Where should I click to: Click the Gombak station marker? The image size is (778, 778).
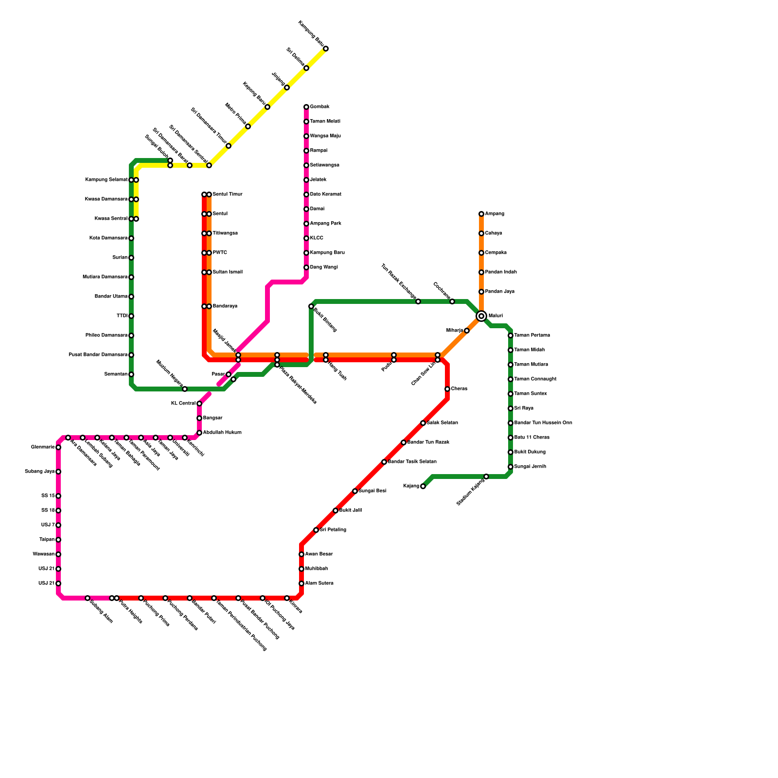tap(306, 107)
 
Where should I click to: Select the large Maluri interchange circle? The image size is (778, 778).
tap(481, 316)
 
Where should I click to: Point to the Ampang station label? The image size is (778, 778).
tap(495, 214)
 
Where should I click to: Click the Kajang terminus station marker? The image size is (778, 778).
tap(423, 486)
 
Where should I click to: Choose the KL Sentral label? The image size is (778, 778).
tap(183, 404)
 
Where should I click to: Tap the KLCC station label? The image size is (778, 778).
tap(317, 238)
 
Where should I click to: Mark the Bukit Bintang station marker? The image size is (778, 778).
tap(311, 306)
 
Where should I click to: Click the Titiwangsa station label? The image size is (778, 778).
tap(225, 233)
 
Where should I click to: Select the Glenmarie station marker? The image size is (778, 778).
tap(58, 447)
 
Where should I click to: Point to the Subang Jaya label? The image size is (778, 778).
tap(40, 472)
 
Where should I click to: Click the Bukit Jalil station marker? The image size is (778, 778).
tap(336, 511)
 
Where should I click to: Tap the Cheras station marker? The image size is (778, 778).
tap(447, 389)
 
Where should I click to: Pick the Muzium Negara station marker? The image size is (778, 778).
tap(185, 389)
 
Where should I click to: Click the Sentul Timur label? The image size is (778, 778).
tap(227, 194)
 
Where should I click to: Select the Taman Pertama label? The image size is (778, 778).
tap(532, 336)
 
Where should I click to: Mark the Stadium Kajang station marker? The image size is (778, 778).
tap(486, 477)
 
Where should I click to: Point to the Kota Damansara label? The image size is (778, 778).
tap(108, 238)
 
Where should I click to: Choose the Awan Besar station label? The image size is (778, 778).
tap(319, 554)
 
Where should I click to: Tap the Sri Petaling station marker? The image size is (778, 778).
tap(316, 530)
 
